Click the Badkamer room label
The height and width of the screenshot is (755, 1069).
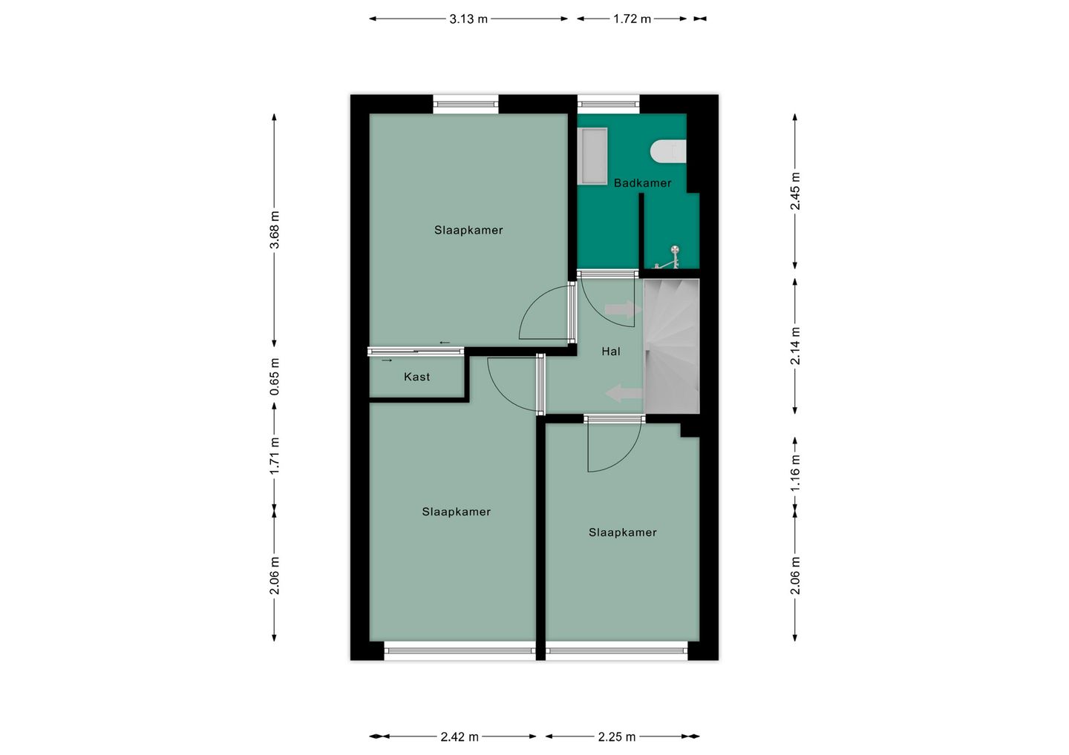pos(642,183)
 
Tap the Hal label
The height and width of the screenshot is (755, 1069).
pos(611,352)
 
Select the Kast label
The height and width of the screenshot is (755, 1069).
pos(416,377)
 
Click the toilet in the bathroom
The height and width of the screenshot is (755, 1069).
pos(668,151)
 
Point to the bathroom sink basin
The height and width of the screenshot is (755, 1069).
pos(592,156)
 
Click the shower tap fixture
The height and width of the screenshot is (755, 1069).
pos(668,257)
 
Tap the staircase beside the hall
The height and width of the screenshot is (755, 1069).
pos(671,346)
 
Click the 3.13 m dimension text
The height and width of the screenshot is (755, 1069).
pos(468,19)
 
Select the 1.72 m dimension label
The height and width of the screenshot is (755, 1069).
pos(632,19)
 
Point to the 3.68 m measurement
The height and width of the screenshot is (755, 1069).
pos(275,230)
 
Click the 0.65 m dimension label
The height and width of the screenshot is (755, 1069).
pos(275,377)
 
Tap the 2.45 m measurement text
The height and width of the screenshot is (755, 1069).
pos(795,191)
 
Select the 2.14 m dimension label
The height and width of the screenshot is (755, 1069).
pos(795,346)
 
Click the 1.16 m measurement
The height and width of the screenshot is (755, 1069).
pos(795,473)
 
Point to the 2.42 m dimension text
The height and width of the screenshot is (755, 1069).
pos(459,737)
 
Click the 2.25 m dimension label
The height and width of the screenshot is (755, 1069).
pos(617,737)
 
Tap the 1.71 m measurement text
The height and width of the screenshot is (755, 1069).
pos(275,455)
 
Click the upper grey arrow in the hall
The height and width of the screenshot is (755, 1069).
pos(623,309)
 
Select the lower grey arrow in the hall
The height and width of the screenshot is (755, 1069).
pos(624,393)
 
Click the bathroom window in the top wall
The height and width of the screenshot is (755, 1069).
pos(609,104)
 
